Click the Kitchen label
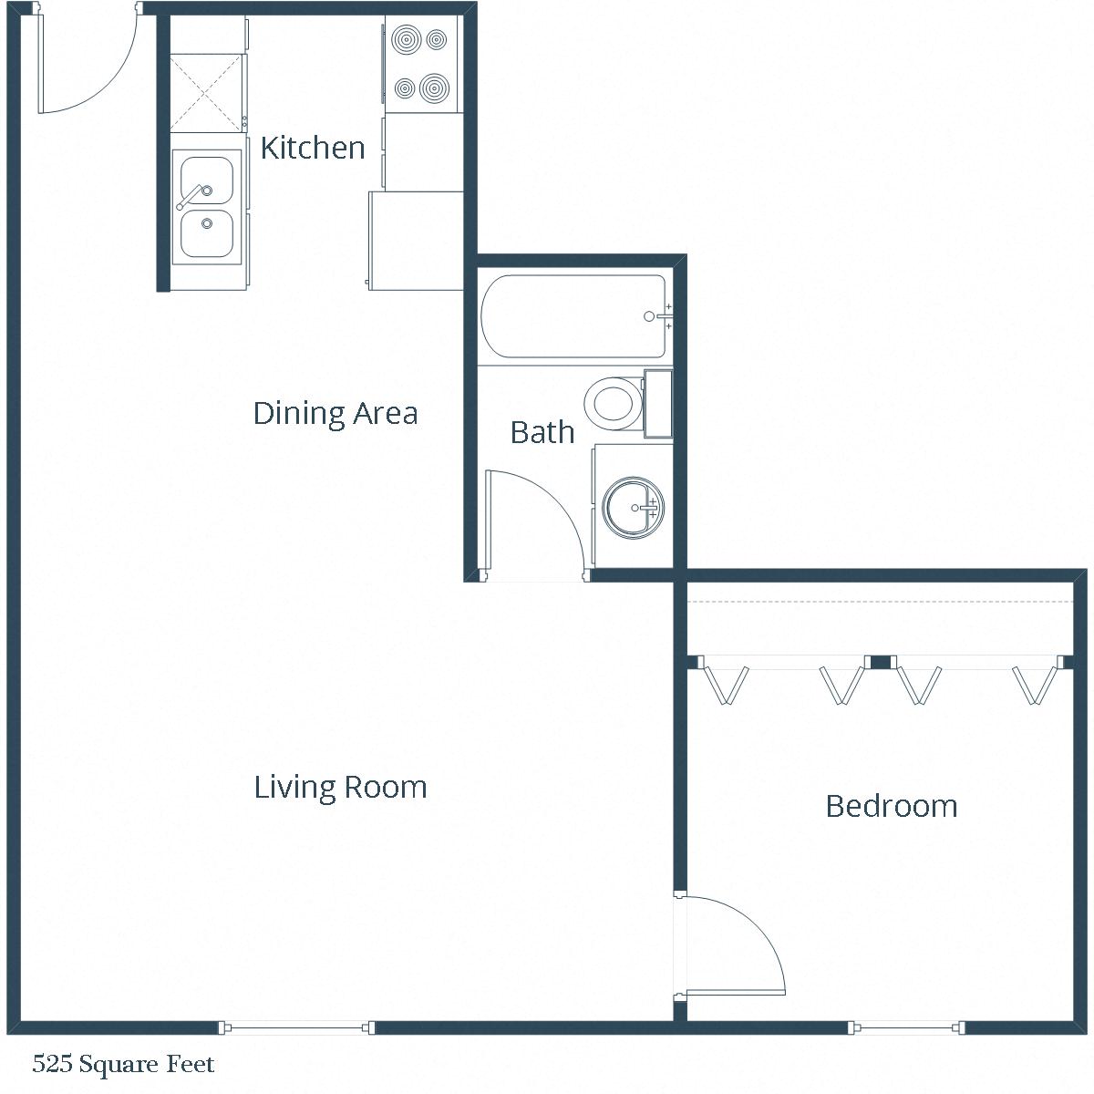click(x=313, y=148)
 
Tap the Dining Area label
click(x=335, y=413)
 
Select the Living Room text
click(x=340, y=787)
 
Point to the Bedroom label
click(x=891, y=806)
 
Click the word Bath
click(x=542, y=431)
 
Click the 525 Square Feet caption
click(x=123, y=1064)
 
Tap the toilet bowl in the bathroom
click(x=612, y=402)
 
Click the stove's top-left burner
click(x=404, y=40)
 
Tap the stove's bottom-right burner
click(x=436, y=88)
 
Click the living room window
click(x=296, y=1028)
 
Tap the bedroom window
click(x=907, y=1028)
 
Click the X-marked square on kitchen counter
click(x=207, y=92)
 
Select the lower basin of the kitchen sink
click(x=207, y=233)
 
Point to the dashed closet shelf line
click(x=880, y=603)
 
